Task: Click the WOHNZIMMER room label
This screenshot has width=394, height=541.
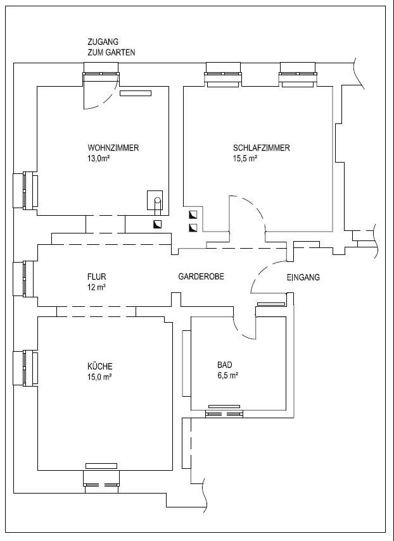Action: [x=113, y=148]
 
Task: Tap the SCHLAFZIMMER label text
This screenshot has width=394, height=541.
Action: [x=262, y=148]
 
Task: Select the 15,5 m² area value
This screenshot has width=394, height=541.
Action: [x=245, y=159]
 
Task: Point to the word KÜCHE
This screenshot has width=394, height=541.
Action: [x=100, y=366]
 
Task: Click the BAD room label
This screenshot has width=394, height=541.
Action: [x=225, y=364]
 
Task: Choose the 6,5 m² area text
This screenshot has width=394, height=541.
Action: [x=228, y=375]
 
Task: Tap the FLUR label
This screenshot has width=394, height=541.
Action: [x=97, y=277]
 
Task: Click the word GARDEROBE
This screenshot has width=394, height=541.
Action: [x=201, y=277]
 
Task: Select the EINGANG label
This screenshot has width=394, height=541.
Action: [x=303, y=277]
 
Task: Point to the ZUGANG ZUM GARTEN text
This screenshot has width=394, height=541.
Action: [x=111, y=47]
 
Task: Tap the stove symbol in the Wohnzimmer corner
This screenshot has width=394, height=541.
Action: [x=155, y=200]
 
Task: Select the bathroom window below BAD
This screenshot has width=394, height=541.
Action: [x=224, y=414]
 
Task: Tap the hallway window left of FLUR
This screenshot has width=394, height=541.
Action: [x=24, y=279]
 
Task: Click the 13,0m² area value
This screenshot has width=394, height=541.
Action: [x=99, y=159]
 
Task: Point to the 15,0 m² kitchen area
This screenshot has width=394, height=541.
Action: [x=99, y=376]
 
